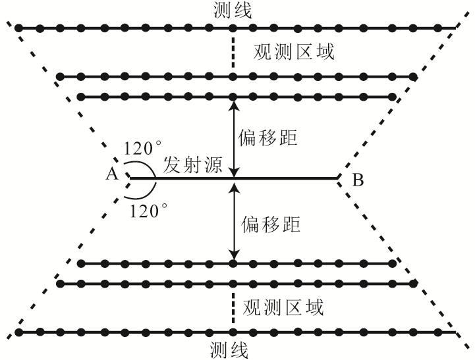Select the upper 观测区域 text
click(x=294, y=52)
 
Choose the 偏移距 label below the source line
click(x=271, y=224)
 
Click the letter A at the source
click(x=111, y=174)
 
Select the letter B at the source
click(x=358, y=178)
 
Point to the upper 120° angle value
click(x=144, y=149)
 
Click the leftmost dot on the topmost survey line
click(x=20, y=28)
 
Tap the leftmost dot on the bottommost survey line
click(x=20, y=331)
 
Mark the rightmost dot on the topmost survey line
click(x=433, y=28)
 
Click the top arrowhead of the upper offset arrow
click(x=233, y=101)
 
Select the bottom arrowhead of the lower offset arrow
click(x=233, y=259)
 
